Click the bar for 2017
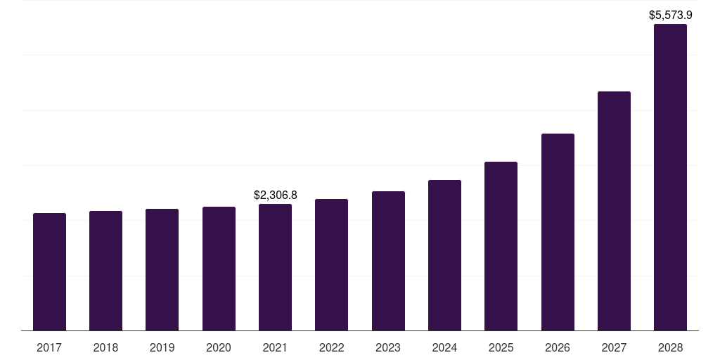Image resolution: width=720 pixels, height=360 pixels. click(49, 271)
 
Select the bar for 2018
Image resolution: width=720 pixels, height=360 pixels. click(105, 271)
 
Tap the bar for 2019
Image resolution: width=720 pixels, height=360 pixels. click(162, 269)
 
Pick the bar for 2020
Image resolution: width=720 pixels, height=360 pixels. click(219, 269)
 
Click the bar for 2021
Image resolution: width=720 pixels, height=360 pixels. click(275, 267)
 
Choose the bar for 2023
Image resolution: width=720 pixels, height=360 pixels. click(388, 261)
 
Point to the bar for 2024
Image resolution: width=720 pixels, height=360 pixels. click(444, 255)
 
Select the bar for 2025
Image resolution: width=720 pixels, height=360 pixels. click(501, 246)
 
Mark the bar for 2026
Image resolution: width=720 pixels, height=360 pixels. click(558, 232)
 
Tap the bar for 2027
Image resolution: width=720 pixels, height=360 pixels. click(614, 211)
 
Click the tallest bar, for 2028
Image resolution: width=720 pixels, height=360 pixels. click(670, 177)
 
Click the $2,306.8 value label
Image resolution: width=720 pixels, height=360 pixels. click(276, 195)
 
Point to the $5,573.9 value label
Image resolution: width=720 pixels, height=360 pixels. click(670, 15)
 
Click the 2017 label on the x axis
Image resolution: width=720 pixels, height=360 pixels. click(49, 347)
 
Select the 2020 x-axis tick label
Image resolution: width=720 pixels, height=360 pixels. click(219, 347)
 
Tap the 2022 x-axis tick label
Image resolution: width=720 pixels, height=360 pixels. click(331, 347)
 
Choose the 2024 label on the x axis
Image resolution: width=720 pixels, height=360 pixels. click(444, 347)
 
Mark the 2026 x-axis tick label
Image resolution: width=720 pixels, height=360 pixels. click(558, 347)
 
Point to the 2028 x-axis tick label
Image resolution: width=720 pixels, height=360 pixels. click(670, 347)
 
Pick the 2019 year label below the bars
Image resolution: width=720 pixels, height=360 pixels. click(162, 347)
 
